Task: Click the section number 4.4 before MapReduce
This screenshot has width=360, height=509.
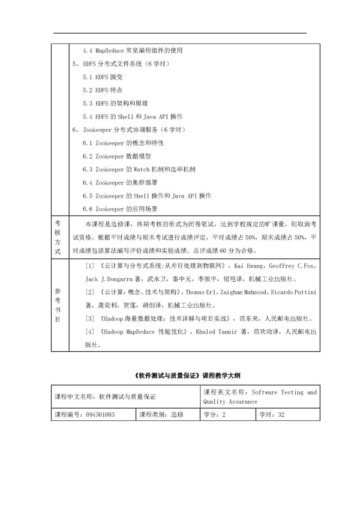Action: point(88,51)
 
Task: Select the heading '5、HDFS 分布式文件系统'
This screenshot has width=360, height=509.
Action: point(121,64)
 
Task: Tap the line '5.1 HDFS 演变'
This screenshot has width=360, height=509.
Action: point(103,77)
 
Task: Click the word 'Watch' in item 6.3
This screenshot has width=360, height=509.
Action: point(142,169)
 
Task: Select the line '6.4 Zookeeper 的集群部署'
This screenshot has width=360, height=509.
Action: point(120,183)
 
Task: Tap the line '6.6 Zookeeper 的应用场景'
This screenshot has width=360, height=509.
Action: point(120,209)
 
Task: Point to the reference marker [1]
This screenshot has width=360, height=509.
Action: point(90,266)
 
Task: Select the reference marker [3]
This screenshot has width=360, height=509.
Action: point(90,319)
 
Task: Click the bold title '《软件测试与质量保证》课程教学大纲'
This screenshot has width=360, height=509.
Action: point(187,376)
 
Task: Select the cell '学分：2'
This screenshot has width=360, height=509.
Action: point(214,415)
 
